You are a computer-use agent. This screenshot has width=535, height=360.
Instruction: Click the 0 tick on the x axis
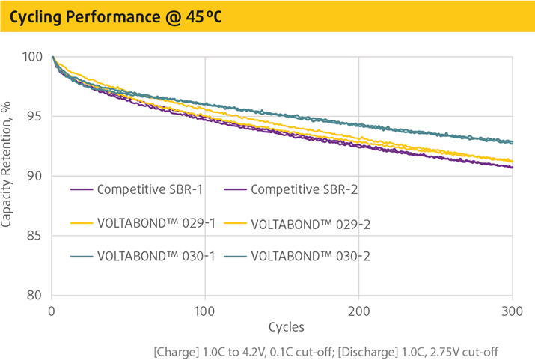pos(52,309)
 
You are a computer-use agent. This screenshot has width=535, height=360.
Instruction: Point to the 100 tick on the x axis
pos(205,309)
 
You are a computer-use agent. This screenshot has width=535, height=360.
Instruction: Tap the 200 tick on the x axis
pos(359,309)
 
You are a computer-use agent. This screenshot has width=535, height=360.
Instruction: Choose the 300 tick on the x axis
pos(513,309)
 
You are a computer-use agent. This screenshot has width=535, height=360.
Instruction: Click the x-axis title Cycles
pos(282,327)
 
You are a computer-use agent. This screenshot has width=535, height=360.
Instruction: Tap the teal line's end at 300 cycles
pos(512,142)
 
